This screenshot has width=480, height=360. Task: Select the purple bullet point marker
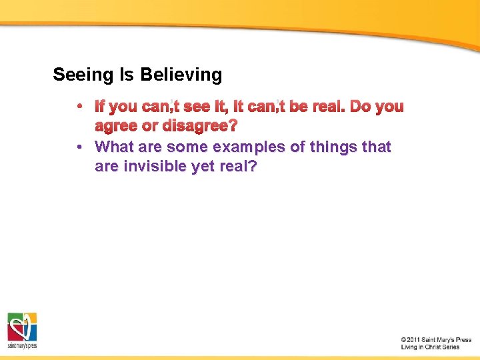click(x=79, y=147)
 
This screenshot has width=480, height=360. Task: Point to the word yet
click(x=203, y=167)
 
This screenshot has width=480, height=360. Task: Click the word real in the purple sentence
click(x=237, y=167)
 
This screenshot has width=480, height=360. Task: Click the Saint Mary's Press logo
click(x=22, y=330)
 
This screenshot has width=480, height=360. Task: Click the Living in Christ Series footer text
click(x=430, y=347)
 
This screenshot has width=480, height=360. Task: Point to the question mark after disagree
click(x=233, y=126)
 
